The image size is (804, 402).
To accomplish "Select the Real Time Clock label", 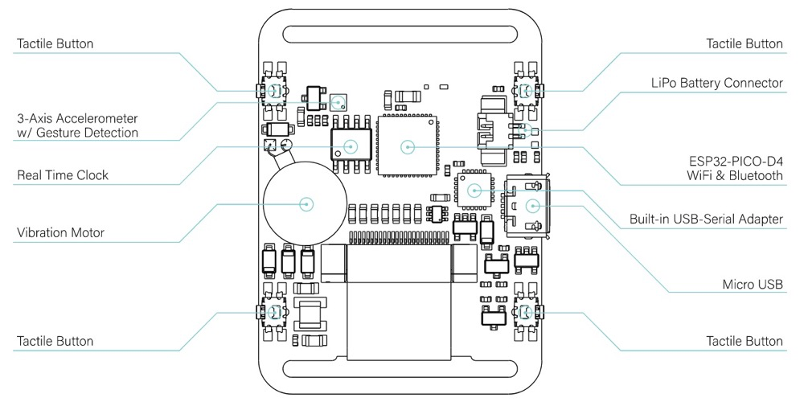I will (x=63, y=175).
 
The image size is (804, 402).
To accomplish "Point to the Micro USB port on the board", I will (x=531, y=205).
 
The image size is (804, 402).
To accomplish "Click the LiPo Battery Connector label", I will (x=716, y=83).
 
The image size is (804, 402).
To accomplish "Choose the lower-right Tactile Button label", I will (x=744, y=342).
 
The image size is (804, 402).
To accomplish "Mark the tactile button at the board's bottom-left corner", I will (x=274, y=312).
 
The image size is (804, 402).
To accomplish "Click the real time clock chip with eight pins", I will (x=351, y=146).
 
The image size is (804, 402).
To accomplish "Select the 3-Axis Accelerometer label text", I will (x=77, y=125).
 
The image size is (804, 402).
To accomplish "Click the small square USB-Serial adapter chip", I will (x=474, y=190).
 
